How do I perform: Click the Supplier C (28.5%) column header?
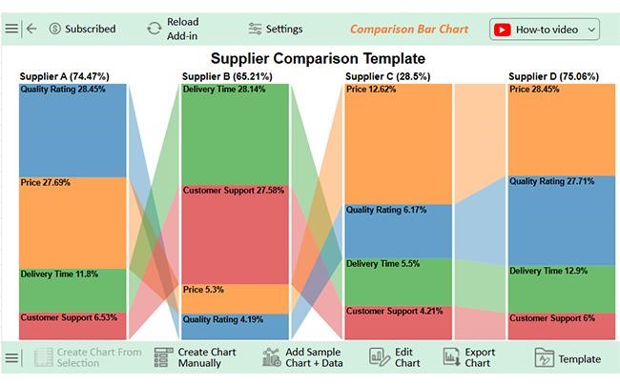click(387, 76)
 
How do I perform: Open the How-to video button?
click(545, 29)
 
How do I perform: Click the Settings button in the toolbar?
click(276, 29)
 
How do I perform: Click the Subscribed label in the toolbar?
click(82, 29)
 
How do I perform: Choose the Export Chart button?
click(468, 358)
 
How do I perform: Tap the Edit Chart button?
click(395, 358)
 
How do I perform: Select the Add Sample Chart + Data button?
click(301, 358)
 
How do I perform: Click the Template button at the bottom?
click(568, 359)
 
